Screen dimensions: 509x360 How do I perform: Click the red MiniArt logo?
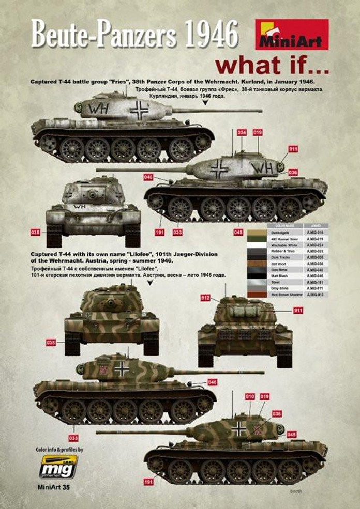pyautogui.click(x=292, y=34)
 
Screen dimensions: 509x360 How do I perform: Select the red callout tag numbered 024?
pyautogui.click(x=241, y=132)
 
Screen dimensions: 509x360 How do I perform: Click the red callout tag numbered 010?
pyautogui.click(x=250, y=396)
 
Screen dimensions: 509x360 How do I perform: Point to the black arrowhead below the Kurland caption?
pyautogui.click(x=206, y=103)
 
